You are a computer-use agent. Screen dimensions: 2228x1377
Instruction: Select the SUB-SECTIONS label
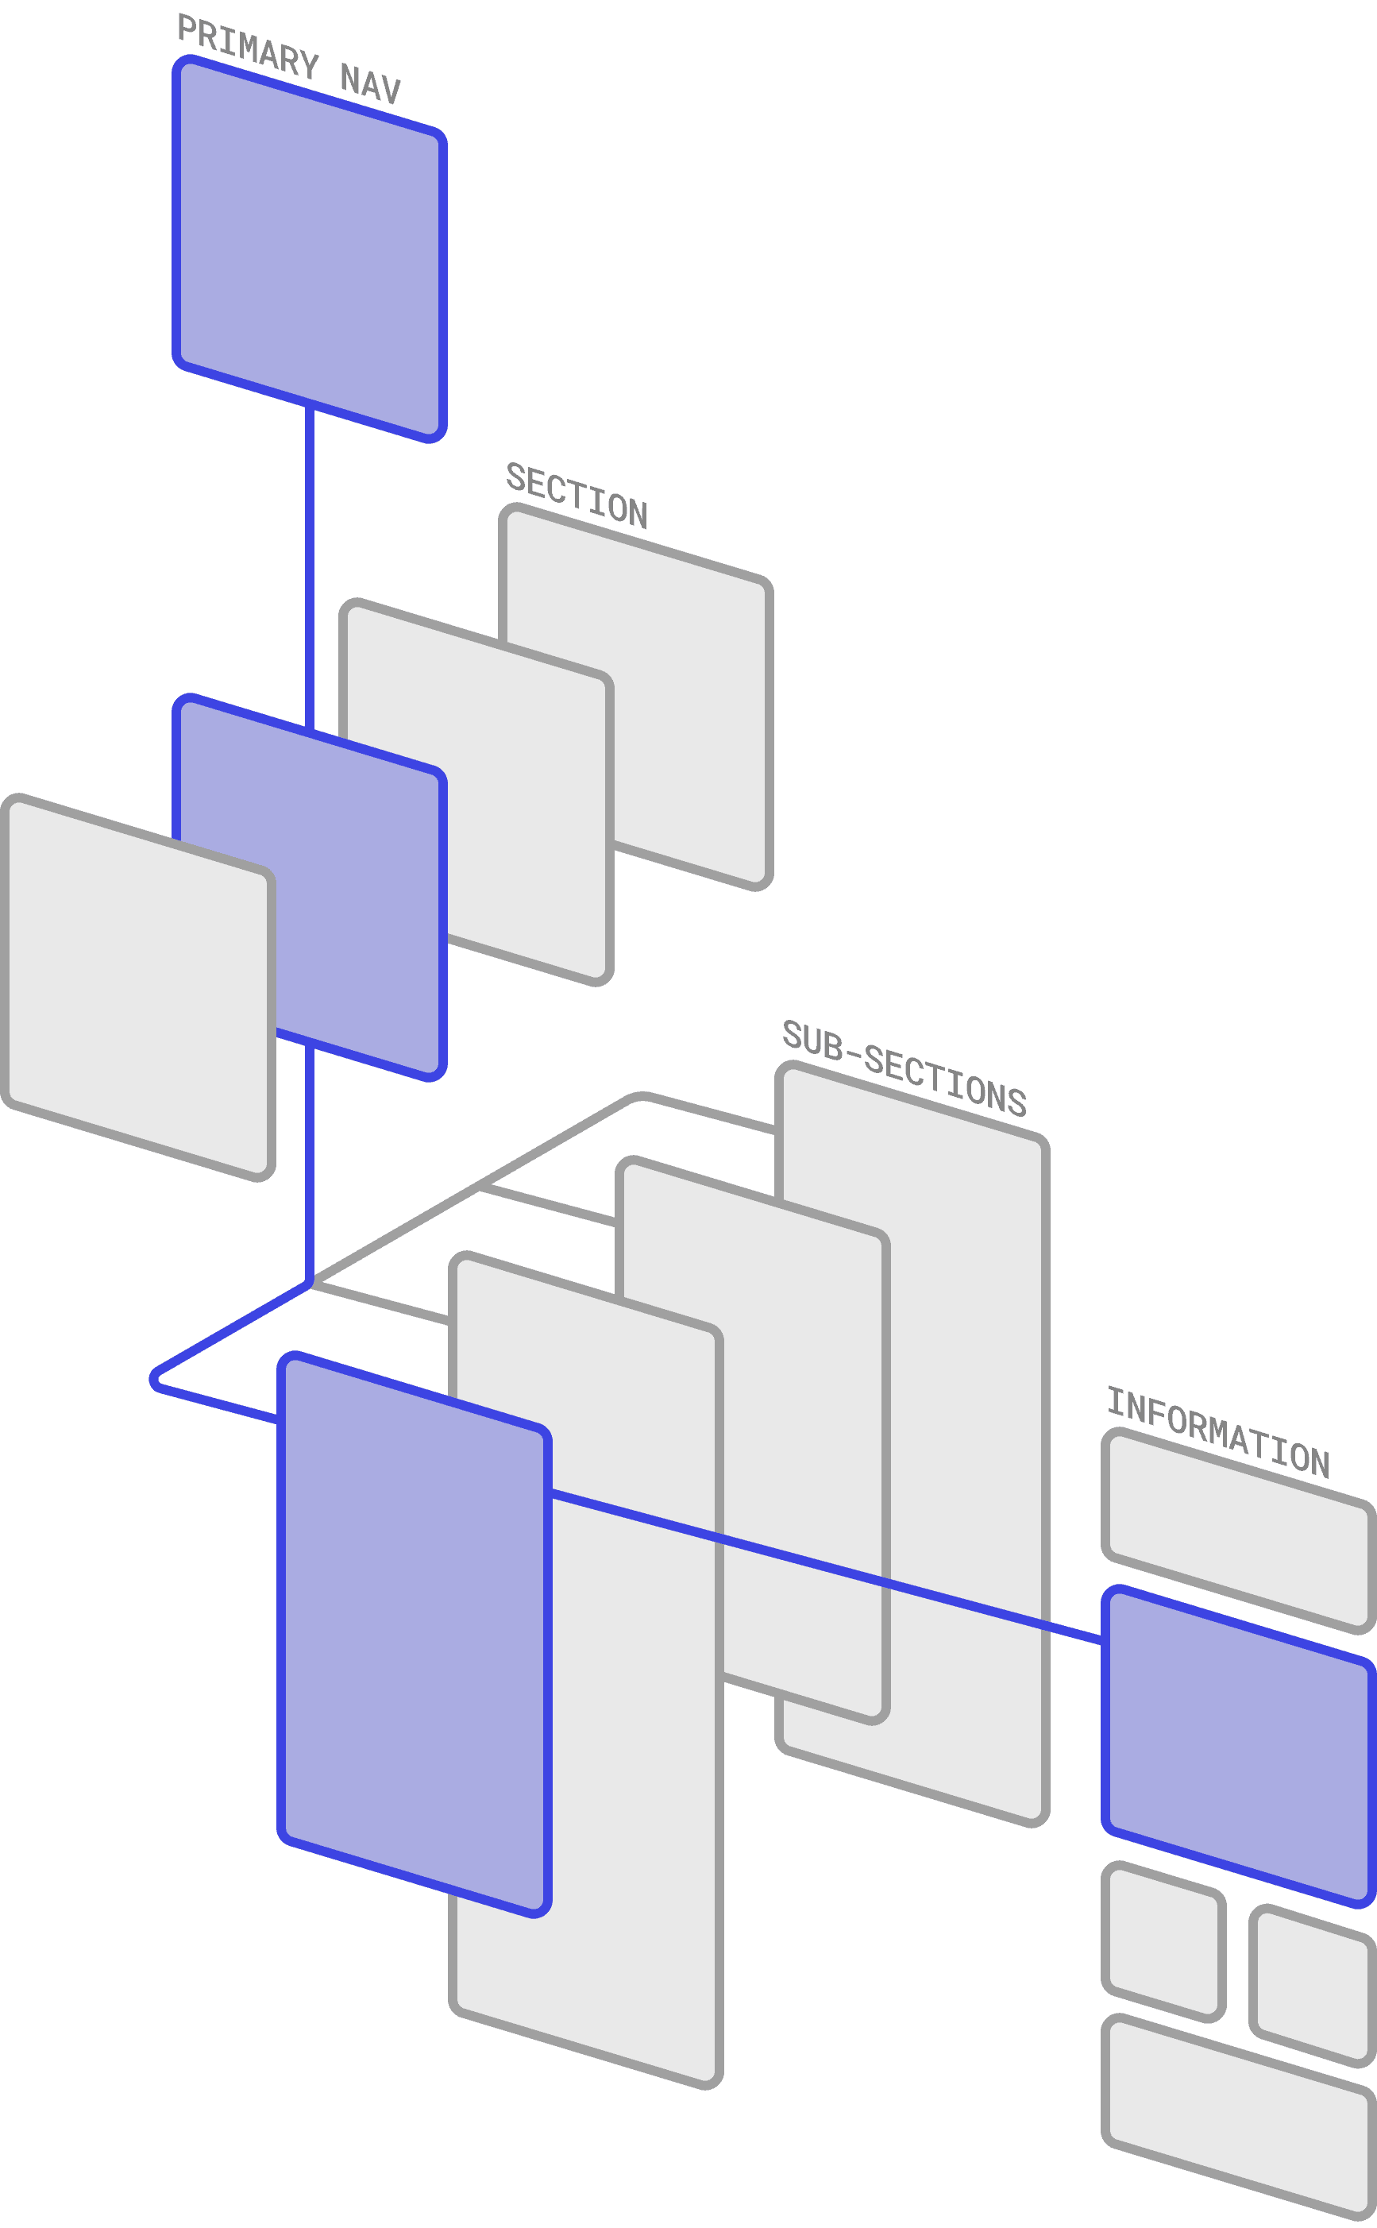(x=904, y=1068)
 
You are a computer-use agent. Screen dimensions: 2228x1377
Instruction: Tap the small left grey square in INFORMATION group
(x=1163, y=1940)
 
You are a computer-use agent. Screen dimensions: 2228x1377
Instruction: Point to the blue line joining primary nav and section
(x=310, y=565)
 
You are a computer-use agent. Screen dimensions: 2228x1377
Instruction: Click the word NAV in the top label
(x=370, y=82)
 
